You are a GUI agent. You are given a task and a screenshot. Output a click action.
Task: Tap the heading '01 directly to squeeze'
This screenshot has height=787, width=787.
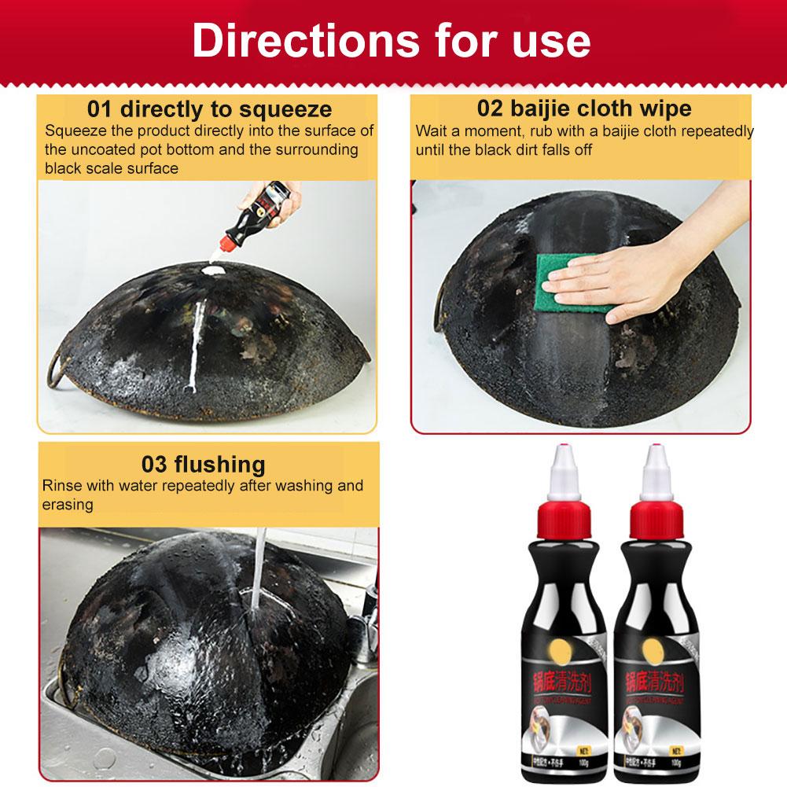coord(209,108)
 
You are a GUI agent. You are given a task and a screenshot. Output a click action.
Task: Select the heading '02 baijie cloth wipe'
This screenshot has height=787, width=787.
coord(584,108)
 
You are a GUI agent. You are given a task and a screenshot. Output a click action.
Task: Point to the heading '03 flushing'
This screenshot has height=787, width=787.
coord(203,463)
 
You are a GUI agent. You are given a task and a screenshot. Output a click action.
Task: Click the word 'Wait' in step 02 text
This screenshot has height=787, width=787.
coord(431,131)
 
